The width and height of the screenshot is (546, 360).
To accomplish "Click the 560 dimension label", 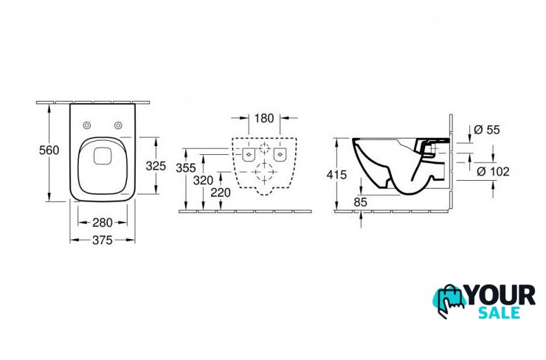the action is click(49, 150).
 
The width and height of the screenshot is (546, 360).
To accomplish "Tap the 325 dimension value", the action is click(156, 166).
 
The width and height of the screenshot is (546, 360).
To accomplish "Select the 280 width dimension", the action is click(103, 223).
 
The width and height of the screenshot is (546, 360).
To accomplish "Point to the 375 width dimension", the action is click(103, 240).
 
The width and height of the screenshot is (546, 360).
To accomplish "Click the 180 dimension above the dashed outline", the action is click(264, 118).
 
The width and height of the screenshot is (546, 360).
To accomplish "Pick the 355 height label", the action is click(186, 168).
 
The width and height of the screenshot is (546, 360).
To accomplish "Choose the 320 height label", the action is click(203, 180).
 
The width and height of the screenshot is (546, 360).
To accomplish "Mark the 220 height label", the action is click(221, 193).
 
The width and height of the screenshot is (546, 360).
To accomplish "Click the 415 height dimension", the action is click(336, 175).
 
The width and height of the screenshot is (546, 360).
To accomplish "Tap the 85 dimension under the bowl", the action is click(360, 202).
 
